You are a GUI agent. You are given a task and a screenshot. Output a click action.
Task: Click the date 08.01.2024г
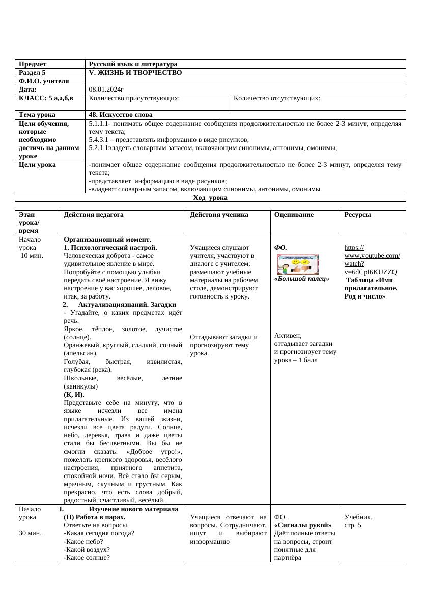106,89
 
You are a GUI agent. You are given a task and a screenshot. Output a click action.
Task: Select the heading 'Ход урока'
210,197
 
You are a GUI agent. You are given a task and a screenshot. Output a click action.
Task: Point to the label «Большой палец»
302,279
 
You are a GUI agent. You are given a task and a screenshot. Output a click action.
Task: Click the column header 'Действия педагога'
94,215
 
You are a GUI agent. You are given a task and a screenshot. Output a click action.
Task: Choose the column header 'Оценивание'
294,215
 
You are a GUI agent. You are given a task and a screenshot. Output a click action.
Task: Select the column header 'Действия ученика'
219,215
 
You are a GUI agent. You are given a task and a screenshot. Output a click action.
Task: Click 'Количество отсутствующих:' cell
276,98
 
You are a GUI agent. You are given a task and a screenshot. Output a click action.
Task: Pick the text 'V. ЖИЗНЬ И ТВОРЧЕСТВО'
135,73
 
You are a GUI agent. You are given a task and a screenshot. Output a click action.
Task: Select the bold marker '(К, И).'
74,394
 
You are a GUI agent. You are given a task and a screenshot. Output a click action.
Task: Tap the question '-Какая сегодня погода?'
99,533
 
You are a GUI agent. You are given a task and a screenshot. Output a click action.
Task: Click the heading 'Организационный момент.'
107,239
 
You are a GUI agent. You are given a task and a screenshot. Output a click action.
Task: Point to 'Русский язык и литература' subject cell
133,64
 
